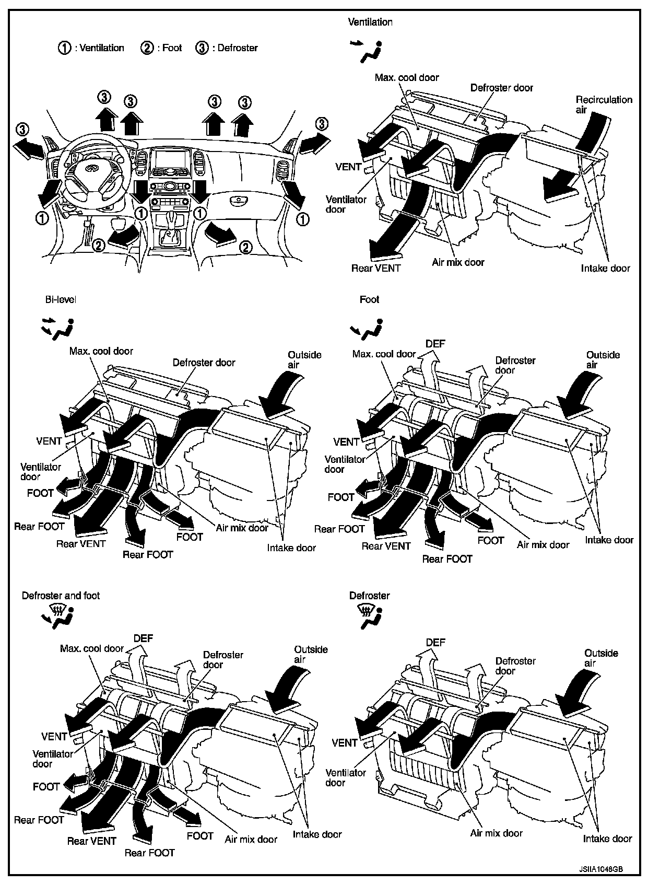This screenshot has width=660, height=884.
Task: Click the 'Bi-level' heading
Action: pyautogui.click(x=61, y=299)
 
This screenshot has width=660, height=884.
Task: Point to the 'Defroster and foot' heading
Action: pyautogui.click(x=61, y=596)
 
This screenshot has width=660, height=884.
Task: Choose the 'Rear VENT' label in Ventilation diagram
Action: pyautogui.click(x=375, y=268)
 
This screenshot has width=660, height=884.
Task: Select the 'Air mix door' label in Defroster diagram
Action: pyautogui.click(x=496, y=833)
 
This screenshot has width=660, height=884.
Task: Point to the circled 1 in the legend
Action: pyautogui.click(x=64, y=48)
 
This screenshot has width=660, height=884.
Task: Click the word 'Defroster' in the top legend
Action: pyautogui.click(x=238, y=48)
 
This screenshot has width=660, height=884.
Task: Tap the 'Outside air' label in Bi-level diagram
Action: pyautogui.click(x=304, y=359)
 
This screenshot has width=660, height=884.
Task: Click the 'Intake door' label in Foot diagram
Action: pyautogui.click(x=609, y=540)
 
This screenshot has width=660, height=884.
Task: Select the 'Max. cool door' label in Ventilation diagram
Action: pyautogui.click(x=407, y=77)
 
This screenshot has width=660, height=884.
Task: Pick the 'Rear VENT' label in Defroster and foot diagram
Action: pyautogui.click(x=91, y=841)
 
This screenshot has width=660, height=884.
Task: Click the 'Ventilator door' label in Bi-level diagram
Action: pyautogui.click(x=41, y=472)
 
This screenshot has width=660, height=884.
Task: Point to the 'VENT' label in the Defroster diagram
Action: pyautogui.click(x=345, y=742)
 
